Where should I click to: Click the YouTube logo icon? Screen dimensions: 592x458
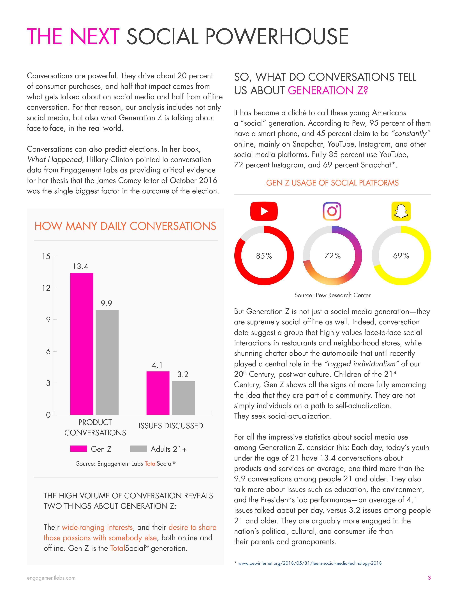pyautogui.click(x=264, y=211)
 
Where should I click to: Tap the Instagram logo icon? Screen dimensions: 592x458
pyautogui.click(x=332, y=211)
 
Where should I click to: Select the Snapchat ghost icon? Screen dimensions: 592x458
pyautogui.click(x=401, y=211)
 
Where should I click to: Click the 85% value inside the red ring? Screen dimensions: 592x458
pyautogui.click(x=264, y=256)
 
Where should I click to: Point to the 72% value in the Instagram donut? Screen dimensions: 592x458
pyautogui.click(x=332, y=256)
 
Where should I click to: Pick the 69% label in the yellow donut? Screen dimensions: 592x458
pyautogui.click(x=401, y=256)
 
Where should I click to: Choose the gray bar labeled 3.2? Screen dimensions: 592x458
pyautogui.click(x=183, y=398)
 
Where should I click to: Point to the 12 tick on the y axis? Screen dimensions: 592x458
pyautogui.click(x=46, y=288)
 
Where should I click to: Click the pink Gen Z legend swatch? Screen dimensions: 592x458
pyautogui.click(x=79, y=449)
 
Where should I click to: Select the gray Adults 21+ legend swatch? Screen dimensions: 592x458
pyautogui.click(x=138, y=449)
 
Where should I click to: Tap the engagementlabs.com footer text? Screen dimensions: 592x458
pyautogui.click(x=51, y=578)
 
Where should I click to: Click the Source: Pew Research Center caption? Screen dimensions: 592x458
pyautogui.click(x=332, y=295)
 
